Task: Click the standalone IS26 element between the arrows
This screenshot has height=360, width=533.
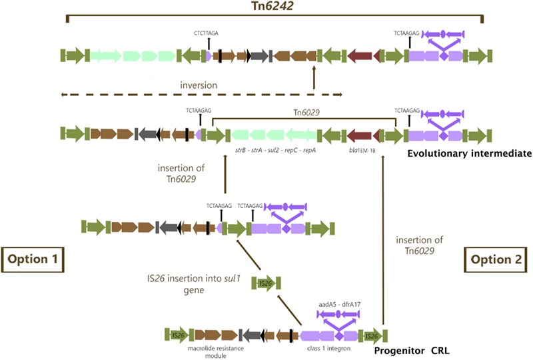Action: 264,285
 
